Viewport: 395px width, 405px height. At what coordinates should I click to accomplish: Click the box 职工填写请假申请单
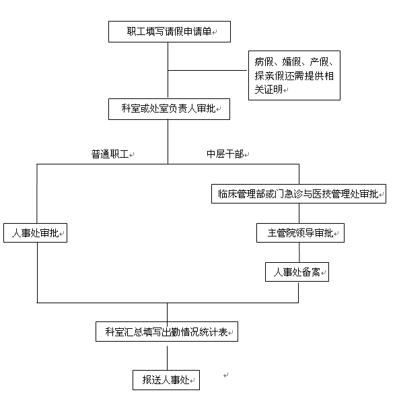170,32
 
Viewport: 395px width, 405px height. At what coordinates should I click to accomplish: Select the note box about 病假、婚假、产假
294,75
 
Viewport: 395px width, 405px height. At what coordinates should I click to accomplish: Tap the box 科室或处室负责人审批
169,109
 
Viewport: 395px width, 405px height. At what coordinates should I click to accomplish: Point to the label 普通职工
110,154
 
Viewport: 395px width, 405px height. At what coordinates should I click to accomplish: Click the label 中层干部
225,154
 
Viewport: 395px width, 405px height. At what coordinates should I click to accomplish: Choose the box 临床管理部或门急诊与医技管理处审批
299,193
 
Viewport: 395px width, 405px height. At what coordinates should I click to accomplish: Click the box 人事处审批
36,233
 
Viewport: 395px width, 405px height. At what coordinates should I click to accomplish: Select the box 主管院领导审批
300,233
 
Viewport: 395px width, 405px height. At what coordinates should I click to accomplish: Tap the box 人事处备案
297,272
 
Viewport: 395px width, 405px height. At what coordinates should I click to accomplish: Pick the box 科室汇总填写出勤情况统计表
167,332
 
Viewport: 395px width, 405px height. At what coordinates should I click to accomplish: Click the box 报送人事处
166,380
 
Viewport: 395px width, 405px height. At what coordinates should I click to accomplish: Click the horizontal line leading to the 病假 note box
207,70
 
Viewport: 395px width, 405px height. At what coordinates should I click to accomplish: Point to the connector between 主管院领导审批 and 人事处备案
299,252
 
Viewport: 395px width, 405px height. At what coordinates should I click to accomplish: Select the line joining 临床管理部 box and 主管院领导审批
299,214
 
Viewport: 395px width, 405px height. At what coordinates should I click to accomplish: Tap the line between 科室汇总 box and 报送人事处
167,358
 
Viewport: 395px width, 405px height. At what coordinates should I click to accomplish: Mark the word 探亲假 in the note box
268,75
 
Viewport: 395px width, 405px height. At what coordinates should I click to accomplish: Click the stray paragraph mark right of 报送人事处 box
225,375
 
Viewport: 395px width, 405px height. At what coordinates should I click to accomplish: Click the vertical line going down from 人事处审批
38,272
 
